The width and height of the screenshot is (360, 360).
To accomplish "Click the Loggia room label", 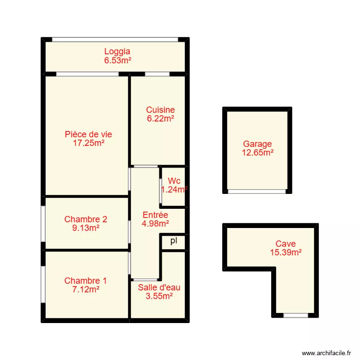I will pos(117,52).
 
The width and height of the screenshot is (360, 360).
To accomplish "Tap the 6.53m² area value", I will pos(117,60).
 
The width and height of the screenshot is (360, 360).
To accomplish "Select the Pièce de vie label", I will pos(88,134).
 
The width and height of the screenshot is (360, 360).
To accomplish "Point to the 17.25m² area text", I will pos(88,143).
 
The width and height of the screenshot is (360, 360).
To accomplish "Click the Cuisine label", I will pos(160,110).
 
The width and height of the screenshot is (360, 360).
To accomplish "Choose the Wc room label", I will pos(174,181).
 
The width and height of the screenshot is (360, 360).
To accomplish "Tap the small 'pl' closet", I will pos(173,241).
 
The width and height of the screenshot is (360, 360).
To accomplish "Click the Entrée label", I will pos(155,215).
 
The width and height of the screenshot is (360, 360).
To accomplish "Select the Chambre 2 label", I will pos(85,219).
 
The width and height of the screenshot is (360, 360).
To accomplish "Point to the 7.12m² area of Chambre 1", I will pos(85,289).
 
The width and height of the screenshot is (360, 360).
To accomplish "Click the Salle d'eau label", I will pos(159,288).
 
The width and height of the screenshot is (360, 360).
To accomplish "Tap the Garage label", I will pos(257,144).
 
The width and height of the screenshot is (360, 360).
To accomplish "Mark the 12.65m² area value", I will pos(257,153).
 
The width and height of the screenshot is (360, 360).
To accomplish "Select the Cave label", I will pos(286,244).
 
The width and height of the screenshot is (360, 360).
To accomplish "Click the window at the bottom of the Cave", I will pos(295,315).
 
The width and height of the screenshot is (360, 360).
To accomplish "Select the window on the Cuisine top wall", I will pos(157,74).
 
